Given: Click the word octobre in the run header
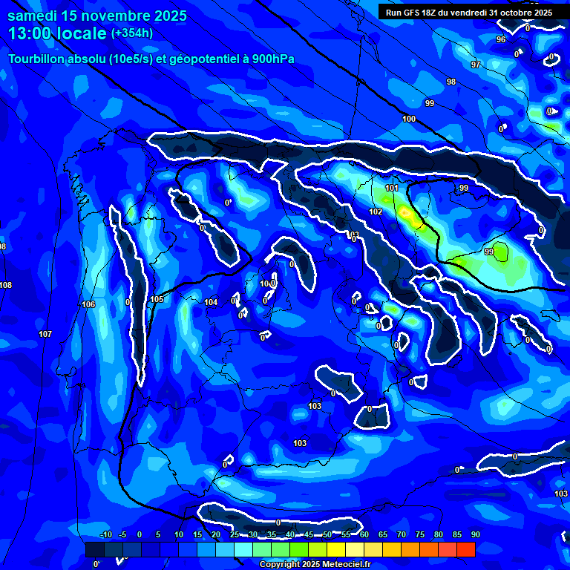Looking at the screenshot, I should click(514, 13).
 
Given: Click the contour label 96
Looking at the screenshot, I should click(501, 39).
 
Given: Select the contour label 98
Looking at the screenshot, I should click(451, 82).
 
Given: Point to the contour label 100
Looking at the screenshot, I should click(409, 119).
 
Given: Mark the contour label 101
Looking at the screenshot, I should click(392, 189).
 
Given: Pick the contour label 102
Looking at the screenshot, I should click(376, 212).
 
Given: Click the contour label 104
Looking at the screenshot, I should click(211, 302).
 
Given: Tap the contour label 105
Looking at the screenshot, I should click(157, 300).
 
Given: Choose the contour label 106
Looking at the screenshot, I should click(88, 305).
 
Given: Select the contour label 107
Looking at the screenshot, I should click(45, 335).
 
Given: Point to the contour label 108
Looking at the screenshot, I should click(6, 286).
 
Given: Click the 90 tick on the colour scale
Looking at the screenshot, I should click(475, 535).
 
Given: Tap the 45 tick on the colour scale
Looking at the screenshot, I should click(308, 535).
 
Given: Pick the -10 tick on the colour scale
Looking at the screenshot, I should click(105, 535).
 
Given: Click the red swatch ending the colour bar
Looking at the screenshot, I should click(465, 549).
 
